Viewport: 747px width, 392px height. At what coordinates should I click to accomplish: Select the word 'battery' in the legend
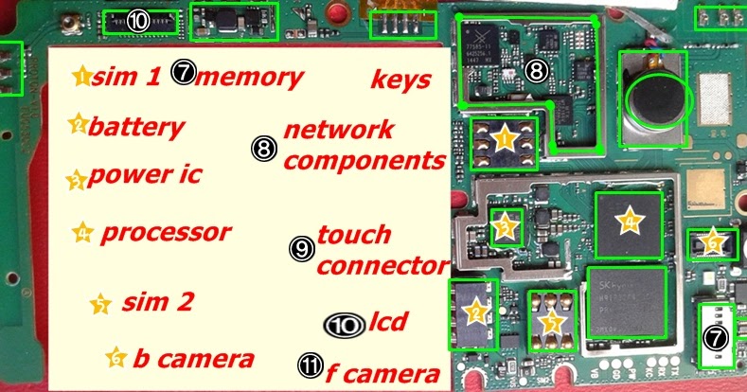[136, 127]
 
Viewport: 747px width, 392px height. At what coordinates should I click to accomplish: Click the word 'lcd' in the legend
[388, 322]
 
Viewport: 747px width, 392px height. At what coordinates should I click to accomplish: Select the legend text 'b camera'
[192, 358]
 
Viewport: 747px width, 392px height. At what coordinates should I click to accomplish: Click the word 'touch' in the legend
[354, 234]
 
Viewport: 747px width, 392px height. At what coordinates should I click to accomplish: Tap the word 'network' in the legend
[338, 130]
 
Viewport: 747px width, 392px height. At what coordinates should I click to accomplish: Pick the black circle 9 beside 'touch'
[300, 249]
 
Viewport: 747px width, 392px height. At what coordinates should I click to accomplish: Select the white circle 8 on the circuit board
[536, 69]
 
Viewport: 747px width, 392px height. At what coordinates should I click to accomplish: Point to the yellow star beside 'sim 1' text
[82, 76]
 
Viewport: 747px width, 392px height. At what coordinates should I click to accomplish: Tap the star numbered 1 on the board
[504, 141]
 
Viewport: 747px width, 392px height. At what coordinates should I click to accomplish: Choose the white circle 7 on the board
[717, 337]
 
